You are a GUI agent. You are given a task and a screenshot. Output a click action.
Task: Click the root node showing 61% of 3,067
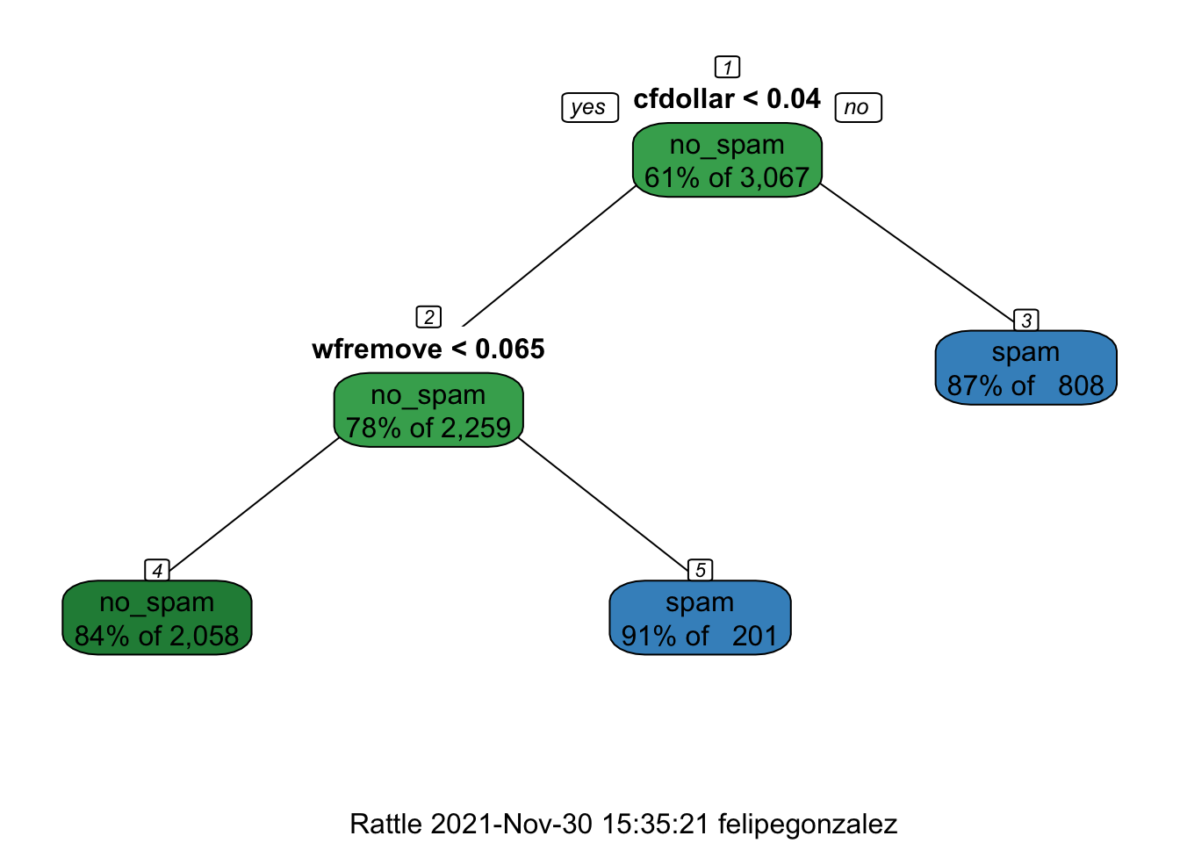(727, 160)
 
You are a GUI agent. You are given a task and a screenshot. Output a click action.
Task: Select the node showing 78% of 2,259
(428, 410)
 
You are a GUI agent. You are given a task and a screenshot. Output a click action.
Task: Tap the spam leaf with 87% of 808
(1025, 368)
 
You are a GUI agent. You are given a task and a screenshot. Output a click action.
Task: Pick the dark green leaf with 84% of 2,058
(157, 617)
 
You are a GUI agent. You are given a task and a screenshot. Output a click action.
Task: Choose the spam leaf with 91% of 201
(700, 617)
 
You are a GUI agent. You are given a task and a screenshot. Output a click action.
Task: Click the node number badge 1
(728, 67)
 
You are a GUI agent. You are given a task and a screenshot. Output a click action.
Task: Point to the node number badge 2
(428, 317)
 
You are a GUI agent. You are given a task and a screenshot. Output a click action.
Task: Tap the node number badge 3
(1026, 320)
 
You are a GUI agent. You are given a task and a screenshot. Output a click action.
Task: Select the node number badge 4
(157, 570)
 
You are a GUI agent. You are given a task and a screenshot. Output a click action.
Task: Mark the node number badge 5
(701, 570)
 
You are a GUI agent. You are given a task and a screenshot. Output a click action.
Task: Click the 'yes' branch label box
(590, 107)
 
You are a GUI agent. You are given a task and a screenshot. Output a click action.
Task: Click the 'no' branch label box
(858, 107)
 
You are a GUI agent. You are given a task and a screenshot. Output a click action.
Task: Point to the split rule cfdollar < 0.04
(727, 98)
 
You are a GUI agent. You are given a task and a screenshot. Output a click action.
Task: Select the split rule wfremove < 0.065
(428, 349)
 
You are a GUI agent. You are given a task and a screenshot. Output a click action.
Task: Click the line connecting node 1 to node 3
(917, 252)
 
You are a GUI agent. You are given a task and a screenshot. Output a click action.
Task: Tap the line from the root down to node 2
(549, 256)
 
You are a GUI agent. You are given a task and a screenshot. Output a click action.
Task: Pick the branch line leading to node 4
(254, 504)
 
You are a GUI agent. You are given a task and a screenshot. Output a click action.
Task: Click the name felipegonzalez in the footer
(808, 825)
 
